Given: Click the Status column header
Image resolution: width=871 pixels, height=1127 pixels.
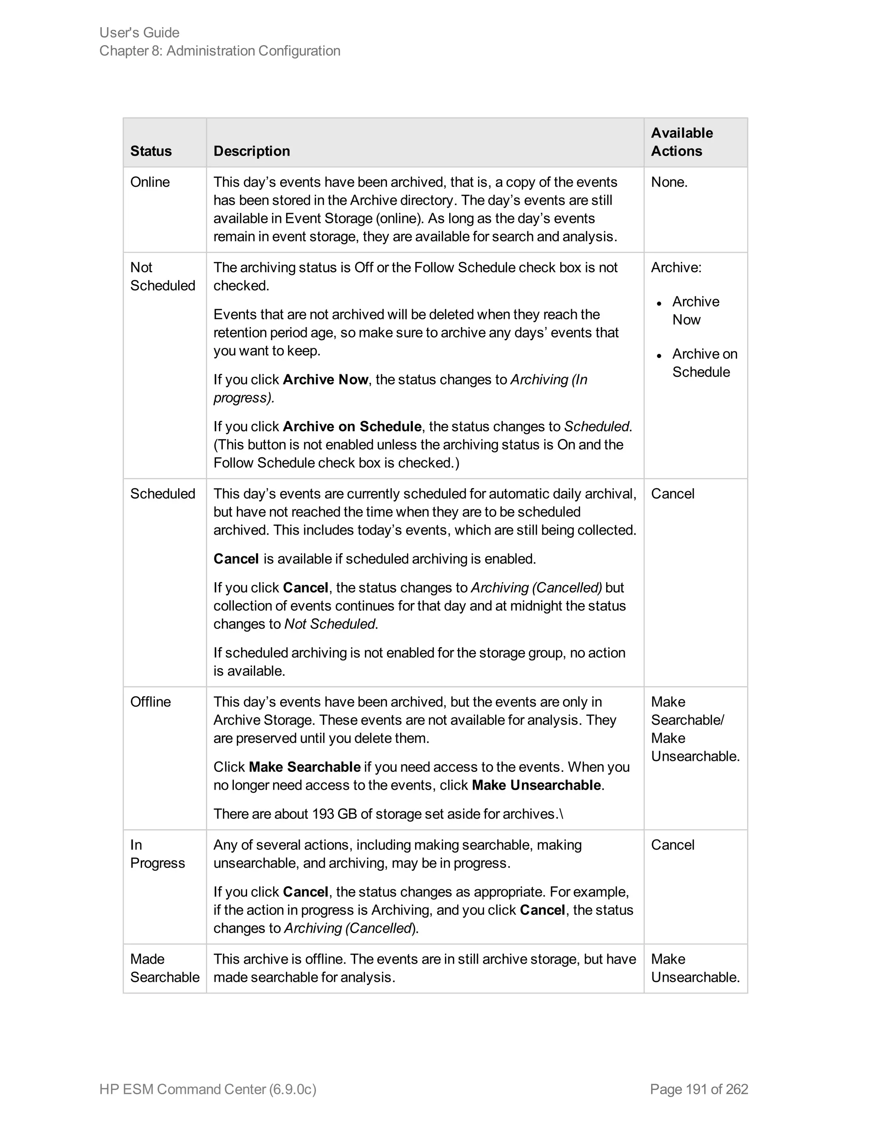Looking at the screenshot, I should [x=151, y=151].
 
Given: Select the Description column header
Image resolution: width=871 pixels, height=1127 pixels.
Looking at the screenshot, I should [x=251, y=151].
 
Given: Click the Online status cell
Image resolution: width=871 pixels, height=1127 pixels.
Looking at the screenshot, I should [x=150, y=182].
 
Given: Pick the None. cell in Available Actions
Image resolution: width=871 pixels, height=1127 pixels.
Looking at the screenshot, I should [x=669, y=182].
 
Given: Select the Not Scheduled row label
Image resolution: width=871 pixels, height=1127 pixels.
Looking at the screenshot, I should [x=162, y=276].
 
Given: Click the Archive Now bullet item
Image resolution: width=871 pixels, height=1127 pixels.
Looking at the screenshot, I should [x=695, y=310].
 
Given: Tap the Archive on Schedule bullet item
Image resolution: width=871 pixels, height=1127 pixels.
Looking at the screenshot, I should [x=704, y=363].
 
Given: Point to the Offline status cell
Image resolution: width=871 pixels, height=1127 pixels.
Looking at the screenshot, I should [x=150, y=702].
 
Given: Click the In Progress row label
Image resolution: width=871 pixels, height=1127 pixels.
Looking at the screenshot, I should [x=157, y=854].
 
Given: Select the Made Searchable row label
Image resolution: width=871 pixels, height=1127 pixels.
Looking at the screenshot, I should [x=164, y=968].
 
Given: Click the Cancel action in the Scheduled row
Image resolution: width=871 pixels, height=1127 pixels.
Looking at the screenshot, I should [x=672, y=494].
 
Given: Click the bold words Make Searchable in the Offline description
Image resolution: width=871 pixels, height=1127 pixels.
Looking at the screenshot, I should [x=305, y=767].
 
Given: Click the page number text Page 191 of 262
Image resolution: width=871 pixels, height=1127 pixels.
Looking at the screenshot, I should [x=699, y=1089].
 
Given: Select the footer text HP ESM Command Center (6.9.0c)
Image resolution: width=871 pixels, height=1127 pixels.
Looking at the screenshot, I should [x=208, y=1089].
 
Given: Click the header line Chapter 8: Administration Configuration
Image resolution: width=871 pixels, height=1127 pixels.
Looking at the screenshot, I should [x=220, y=51].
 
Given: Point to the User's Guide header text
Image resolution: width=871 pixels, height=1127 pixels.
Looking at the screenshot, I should [x=139, y=32].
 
